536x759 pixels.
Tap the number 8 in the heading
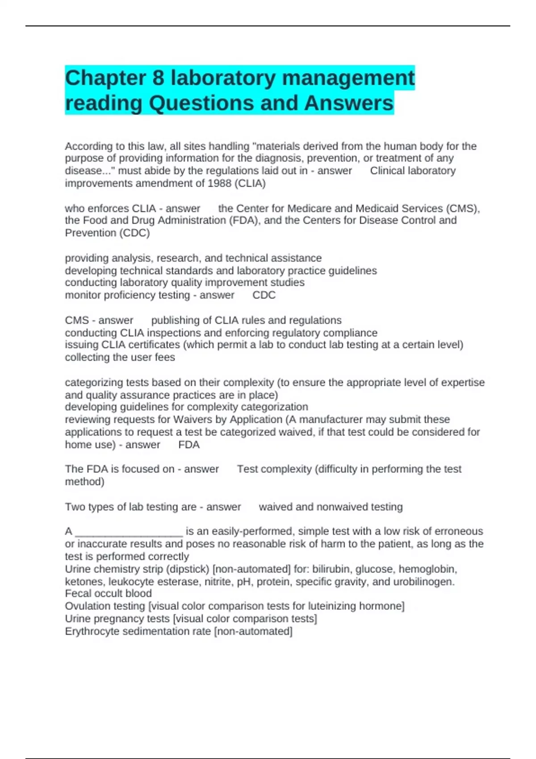pos(159,78)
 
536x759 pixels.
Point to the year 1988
pos(219,183)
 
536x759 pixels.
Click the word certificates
pos(152,345)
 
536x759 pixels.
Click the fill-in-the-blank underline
pos(129,532)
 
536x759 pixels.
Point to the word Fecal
pos(79,593)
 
